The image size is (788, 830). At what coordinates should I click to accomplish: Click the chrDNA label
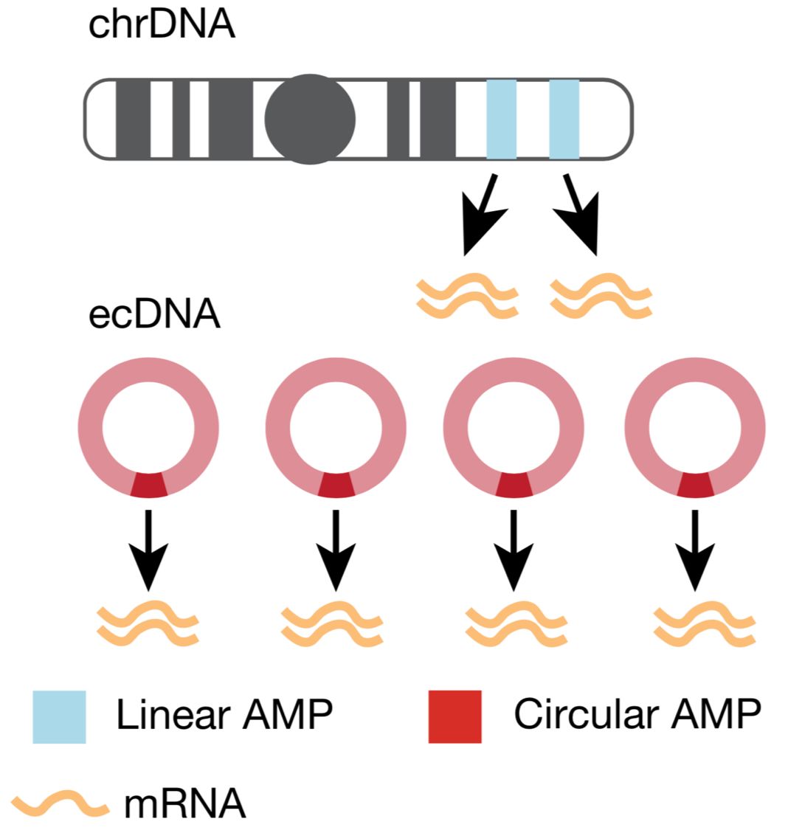(x=161, y=24)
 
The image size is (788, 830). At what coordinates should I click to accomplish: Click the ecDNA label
(x=154, y=315)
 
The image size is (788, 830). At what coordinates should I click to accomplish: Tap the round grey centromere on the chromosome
(x=310, y=119)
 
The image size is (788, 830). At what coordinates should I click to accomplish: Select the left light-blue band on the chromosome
(x=501, y=119)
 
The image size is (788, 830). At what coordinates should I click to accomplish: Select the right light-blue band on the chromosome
(x=564, y=119)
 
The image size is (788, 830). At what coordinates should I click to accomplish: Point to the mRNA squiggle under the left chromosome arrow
(x=467, y=297)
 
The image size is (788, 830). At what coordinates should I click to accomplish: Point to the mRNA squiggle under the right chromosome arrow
(x=602, y=297)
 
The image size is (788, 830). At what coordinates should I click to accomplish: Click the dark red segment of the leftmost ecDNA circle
(x=148, y=485)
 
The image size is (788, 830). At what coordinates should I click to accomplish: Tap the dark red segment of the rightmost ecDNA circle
(x=695, y=485)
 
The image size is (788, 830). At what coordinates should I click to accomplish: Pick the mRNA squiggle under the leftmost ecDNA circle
(x=148, y=624)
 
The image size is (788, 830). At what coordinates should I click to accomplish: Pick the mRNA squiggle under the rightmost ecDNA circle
(x=705, y=624)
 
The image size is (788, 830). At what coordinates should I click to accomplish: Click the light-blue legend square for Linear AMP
(x=59, y=716)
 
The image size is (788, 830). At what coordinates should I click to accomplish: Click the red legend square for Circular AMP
(x=455, y=716)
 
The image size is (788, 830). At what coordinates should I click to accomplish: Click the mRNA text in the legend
(x=184, y=803)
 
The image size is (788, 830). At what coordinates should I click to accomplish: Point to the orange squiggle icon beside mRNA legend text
(x=60, y=803)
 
